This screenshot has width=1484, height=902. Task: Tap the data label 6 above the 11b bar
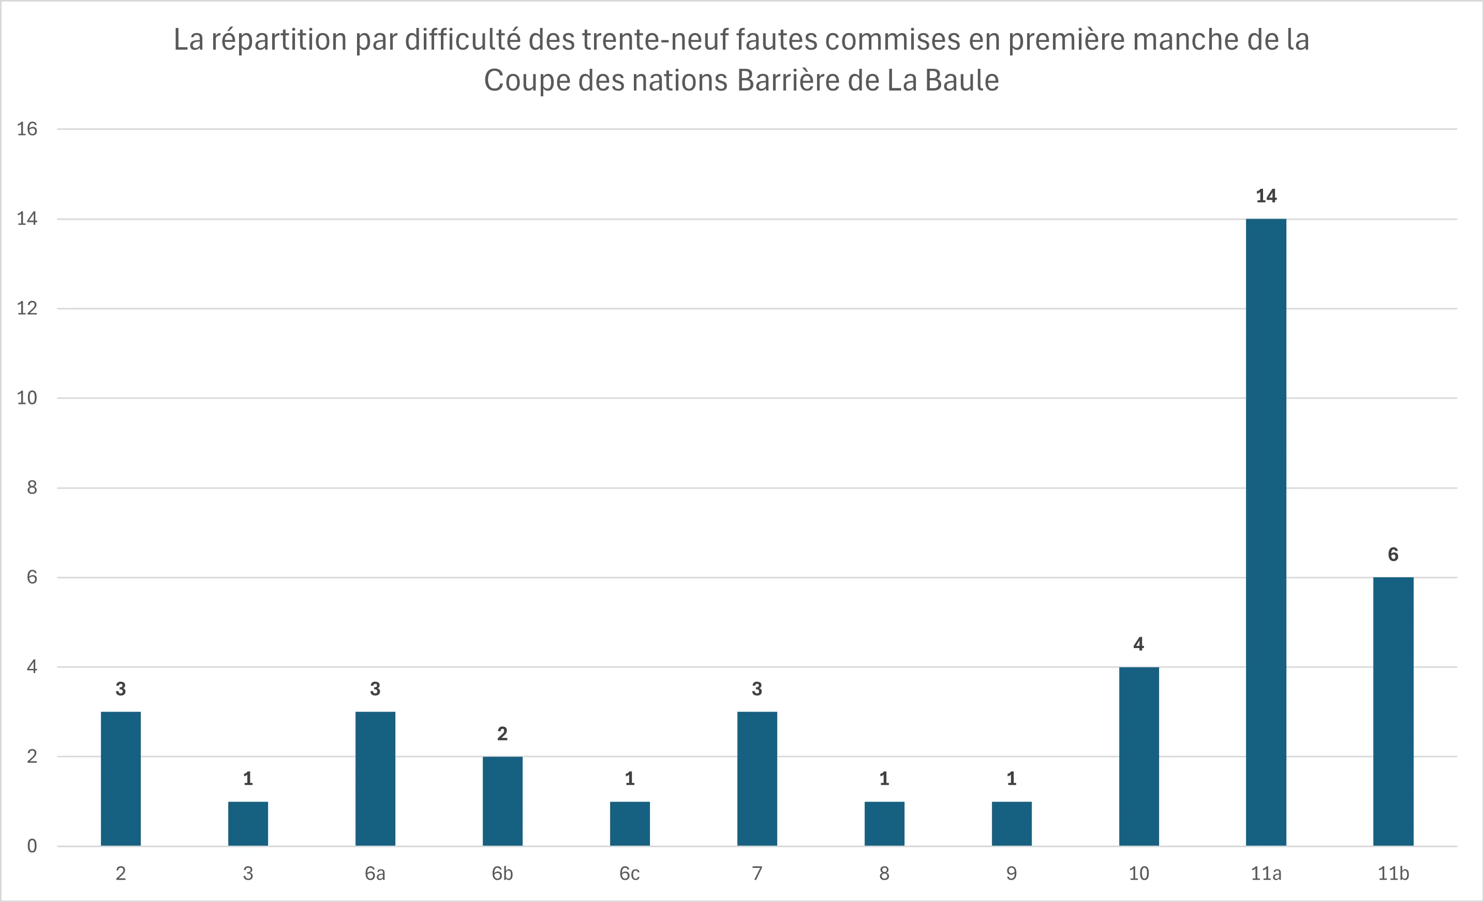click(x=1392, y=554)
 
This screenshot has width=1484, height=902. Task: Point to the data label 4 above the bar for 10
click(x=1138, y=644)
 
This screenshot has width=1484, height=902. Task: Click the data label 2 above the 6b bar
click(x=502, y=733)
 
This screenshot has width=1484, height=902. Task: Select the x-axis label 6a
click(x=375, y=873)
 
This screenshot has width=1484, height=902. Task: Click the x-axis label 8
click(x=884, y=873)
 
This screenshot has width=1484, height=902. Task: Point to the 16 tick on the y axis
click(x=27, y=129)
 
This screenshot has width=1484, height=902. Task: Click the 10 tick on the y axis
click(x=27, y=398)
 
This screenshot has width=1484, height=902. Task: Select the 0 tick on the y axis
click(x=32, y=846)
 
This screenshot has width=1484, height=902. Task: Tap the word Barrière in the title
click(x=788, y=81)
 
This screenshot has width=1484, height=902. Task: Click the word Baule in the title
click(x=962, y=81)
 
